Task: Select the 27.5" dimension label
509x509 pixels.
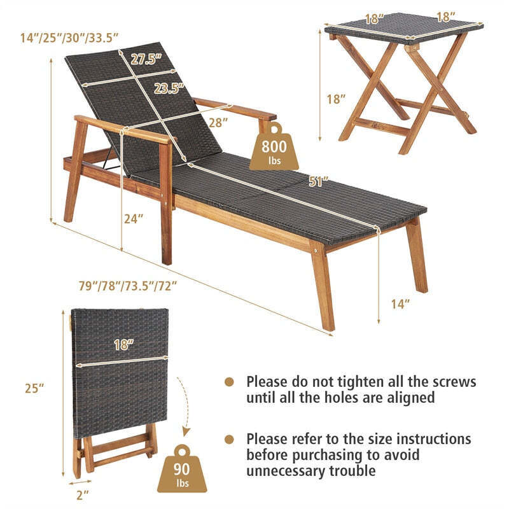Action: tap(147, 60)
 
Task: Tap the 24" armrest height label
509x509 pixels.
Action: tap(134, 218)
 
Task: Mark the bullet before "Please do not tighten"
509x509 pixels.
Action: tap(230, 382)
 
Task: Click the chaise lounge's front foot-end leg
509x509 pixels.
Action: tap(324, 286)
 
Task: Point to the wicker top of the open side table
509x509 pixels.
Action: tap(403, 28)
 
